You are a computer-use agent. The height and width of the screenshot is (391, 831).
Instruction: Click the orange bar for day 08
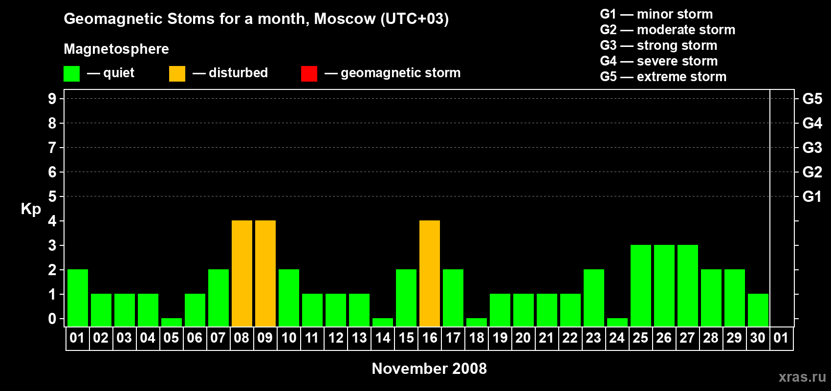(x=242, y=273)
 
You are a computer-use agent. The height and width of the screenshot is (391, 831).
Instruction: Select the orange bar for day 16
(x=430, y=273)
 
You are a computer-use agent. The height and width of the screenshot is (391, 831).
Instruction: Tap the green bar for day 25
(x=641, y=285)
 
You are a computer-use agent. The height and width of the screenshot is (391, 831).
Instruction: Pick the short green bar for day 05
(x=172, y=323)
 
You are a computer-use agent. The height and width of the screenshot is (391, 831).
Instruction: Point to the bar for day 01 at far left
(x=78, y=298)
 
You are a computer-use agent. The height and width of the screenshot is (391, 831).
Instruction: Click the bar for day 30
(x=758, y=310)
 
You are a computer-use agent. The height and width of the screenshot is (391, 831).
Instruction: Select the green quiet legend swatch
(x=71, y=73)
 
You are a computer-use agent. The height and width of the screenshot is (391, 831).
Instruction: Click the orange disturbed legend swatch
(x=177, y=73)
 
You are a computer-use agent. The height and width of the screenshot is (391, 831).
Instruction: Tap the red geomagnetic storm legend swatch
(x=309, y=73)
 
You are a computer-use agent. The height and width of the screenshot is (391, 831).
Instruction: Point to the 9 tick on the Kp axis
(x=52, y=99)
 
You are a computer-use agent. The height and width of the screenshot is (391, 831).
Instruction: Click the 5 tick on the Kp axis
(x=52, y=196)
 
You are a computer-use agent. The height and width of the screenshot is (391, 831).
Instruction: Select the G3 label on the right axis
(x=812, y=148)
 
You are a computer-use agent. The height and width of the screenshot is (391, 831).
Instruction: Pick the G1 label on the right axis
(x=811, y=196)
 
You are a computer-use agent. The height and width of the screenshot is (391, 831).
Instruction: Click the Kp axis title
(x=31, y=209)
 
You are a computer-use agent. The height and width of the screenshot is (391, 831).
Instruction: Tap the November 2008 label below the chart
(x=429, y=369)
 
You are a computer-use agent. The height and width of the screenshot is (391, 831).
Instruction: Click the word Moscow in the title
(x=345, y=19)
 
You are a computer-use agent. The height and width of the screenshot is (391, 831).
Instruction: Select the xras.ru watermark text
(x=802, y=377)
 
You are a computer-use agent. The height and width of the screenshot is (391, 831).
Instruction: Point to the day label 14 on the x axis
(x=382, y=338)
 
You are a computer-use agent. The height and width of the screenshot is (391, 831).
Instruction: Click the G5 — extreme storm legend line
(x=663, y=77)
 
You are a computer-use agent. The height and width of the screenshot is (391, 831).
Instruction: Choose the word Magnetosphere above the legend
(x=116, y=49)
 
